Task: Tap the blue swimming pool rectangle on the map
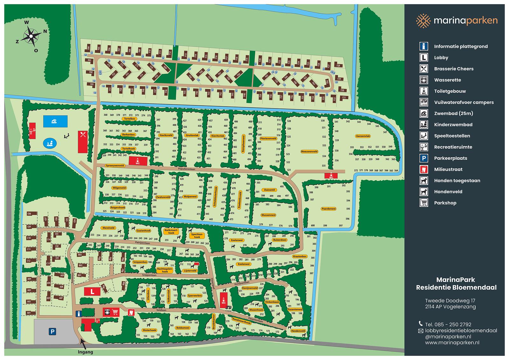point(55,121)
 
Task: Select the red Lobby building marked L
point(92,291)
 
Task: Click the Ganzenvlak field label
point(363,136)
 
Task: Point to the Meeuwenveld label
point(309,152)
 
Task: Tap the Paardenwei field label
point(329,209)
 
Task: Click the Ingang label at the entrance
point(86,352)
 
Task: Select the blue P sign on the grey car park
point(52,332)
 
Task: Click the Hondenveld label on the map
point(298,331)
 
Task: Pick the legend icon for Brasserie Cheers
point(423,69)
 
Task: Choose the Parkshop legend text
point(445,203)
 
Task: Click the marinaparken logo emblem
point(423,21)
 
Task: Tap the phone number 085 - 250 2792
point(448,324)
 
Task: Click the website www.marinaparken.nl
point(452,342)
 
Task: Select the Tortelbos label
point(129,119)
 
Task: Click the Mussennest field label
point(268,215)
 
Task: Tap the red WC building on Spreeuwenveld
point(138,161)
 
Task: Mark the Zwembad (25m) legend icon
point(423,114)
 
